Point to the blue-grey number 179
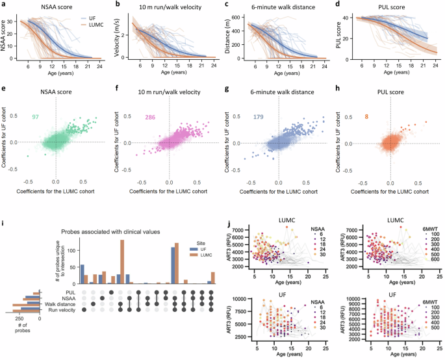[x=261, y=118]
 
